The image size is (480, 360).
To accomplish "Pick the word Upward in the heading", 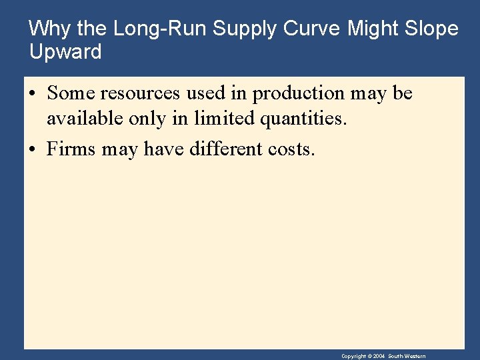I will [x=65, y=51].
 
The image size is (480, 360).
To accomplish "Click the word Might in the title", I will [x=374, y=29].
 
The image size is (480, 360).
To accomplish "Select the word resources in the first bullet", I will [x=139, y=93].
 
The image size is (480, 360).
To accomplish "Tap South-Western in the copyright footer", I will [x=408, y=357].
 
